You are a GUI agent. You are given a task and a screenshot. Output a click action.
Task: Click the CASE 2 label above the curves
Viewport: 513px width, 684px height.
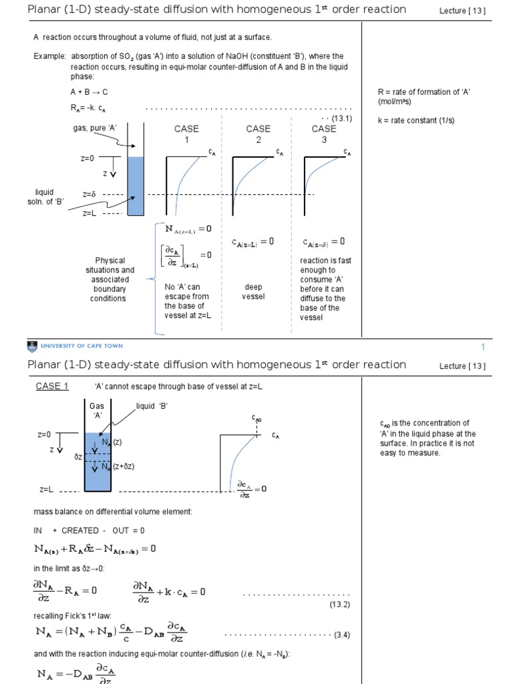point(258,134)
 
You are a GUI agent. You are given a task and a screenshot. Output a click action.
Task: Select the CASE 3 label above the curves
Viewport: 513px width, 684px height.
point(324,134)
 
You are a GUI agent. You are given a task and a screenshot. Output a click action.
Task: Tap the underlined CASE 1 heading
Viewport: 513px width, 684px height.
point(52,386)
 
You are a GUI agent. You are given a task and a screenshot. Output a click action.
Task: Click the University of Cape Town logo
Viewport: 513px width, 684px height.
point(75,346)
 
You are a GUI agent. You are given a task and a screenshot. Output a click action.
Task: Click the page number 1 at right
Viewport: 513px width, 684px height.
point(482,347)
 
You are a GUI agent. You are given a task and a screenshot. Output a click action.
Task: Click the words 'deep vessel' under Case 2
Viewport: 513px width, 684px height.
point(254,292)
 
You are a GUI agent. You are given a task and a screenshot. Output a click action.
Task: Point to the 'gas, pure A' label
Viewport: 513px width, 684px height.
point(92,128)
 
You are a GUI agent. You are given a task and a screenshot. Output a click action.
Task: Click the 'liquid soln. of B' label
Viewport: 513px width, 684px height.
point(50,197)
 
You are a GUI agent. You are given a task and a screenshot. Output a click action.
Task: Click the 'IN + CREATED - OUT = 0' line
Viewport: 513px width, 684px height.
point(90,530)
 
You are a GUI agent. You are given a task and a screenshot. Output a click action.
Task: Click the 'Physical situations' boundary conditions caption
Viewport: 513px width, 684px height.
point(108,279)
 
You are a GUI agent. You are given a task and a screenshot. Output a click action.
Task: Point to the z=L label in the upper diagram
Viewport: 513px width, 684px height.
point(90,213)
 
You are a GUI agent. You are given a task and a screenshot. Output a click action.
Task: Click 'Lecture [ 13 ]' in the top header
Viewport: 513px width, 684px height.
point(462,10)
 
